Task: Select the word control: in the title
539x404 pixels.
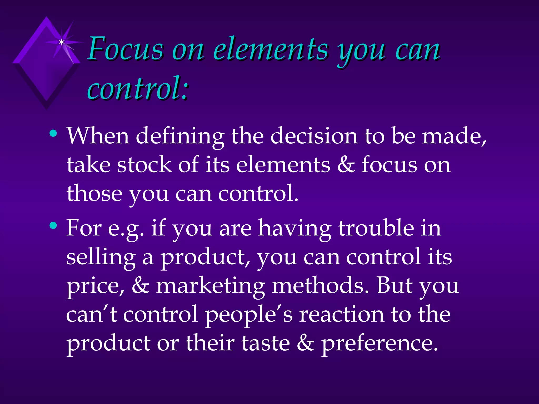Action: (x=138, y=88)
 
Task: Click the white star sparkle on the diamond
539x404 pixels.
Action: (x=62, y=42)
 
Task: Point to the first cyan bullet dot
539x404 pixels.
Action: (x=53, y=133)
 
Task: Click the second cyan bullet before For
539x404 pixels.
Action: (x=53, y=225)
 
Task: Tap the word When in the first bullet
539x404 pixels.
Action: (x=98, y=136)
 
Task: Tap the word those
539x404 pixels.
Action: (x=94, y=194)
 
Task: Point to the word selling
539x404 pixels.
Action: (x=101, y=257)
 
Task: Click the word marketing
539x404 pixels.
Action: (x=211, y=286)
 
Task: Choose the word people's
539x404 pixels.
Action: (x=249, y=315)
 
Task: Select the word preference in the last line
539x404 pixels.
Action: (x=379, y=344)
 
